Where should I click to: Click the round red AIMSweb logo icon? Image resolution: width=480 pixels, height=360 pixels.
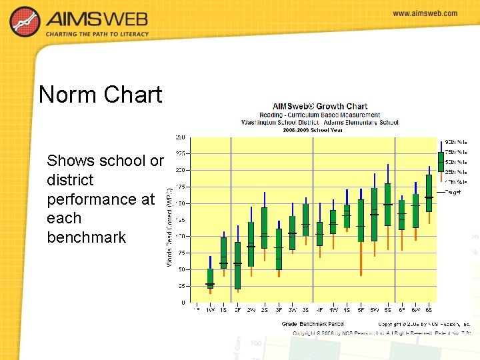25,22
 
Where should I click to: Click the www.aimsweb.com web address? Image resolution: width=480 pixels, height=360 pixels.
425,13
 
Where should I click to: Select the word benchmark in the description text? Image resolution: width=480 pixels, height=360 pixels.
86,237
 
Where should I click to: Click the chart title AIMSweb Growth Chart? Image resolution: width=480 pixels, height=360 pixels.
320,106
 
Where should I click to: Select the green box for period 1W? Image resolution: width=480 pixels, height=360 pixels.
210,278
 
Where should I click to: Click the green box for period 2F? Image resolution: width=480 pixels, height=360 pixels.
237,265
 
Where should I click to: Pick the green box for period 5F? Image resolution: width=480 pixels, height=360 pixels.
361,221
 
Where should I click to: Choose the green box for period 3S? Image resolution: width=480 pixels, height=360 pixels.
305,220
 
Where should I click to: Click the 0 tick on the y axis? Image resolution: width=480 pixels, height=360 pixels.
183,302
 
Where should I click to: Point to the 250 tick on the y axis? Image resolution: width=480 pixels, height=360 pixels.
181,137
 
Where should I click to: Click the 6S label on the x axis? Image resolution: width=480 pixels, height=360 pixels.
429,310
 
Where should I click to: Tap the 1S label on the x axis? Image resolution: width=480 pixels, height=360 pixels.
223,310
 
